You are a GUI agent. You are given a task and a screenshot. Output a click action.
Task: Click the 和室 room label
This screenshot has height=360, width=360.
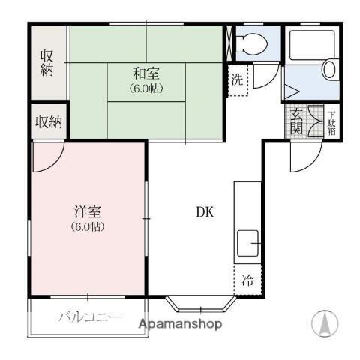[146, 73]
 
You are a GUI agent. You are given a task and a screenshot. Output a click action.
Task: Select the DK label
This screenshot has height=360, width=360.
[205, 211]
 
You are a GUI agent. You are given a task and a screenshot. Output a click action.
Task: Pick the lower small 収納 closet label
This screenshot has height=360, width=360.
[49, 122]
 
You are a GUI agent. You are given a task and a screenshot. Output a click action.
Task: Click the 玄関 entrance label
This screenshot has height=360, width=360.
[297, 121]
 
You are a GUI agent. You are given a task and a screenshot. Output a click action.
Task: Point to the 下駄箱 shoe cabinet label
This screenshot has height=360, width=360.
[331, 121]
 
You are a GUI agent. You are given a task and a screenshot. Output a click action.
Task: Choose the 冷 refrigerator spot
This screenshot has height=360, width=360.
[247, 281]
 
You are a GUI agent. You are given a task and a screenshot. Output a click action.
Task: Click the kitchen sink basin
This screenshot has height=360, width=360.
[247, 244]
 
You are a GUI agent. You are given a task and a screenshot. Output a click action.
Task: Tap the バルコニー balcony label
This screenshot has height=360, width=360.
[89, 317]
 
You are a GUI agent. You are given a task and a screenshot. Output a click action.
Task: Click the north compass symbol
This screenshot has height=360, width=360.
[325, 322]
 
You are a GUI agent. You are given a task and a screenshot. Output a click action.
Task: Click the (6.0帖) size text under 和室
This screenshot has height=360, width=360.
[146, 87]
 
